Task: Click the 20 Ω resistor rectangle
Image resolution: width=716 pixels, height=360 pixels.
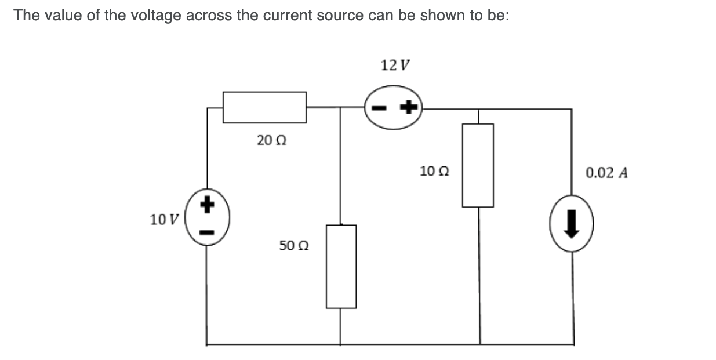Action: [x=264, y=107]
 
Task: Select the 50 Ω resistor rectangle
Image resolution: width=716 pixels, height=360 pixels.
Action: [x=341, y=266]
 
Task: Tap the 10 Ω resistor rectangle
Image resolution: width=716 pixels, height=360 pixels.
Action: [x=478, y=165]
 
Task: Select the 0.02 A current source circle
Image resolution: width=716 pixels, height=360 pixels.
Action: [x=572, y=223]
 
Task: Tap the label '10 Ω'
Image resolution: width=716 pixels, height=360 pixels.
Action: [x=434, y=172]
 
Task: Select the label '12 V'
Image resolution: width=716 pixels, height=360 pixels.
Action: [x=394, y=65]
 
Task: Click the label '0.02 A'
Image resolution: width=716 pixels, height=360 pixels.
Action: [x=606, y=173]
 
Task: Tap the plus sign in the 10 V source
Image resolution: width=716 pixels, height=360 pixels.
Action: [x=207, y=204]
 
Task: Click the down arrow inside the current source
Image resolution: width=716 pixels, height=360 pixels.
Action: [x=572, y=224]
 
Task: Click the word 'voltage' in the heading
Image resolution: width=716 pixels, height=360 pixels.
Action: [x=160, y=16]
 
